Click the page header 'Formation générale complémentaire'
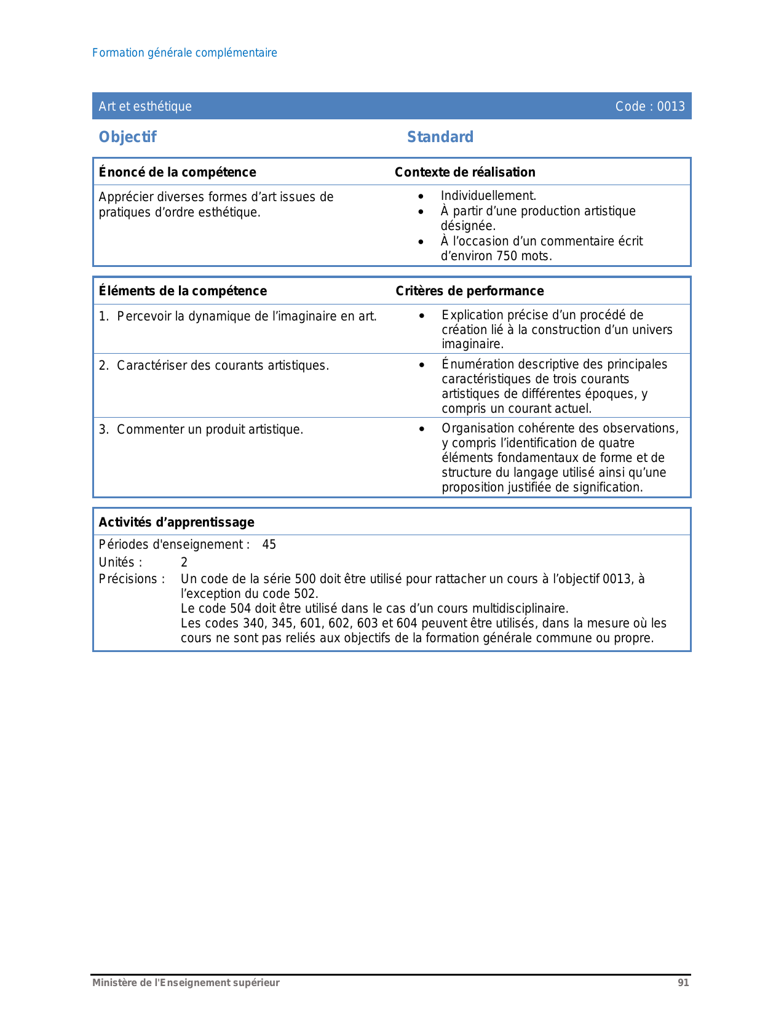pyautogui.click(x=184, y=53)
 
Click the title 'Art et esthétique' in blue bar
pyautogui.click(x=145, y=106)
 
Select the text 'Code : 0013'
pyautogui.click(x=650, y=106)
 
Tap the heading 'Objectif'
pyautogui.click(x=128, y=137)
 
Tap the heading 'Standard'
pyautogui.click(x=440, y=137)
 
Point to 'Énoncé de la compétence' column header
pyautogui.click(x=177, y=172)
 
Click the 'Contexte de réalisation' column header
pyautogui.click(x=465, y=172)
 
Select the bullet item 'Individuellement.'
pyautogui.click(x=488, y=196)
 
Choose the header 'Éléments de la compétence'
pyautogui.click(x=183, y=291)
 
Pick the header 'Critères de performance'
pyautogui.click(x=470, y=291)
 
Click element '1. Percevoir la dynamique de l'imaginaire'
pyautogui.click(x=238, y=316)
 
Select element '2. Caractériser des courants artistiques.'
pyautogui.click(x=214, y=365)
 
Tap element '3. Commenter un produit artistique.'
pyautogui.click(x=201, y=429)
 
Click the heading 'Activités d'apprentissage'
pyautogui.click(x=176, y=522)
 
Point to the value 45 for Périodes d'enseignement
pyautogui.click(x=269, y=544)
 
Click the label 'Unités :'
pyautogui.click(x=121, y=562)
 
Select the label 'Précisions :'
pyautogui.click(x=132, y=579)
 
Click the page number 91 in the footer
pyautogui.click(x=683, y=983)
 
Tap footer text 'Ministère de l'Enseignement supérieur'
pyautogui.click(x=186, y=983)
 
